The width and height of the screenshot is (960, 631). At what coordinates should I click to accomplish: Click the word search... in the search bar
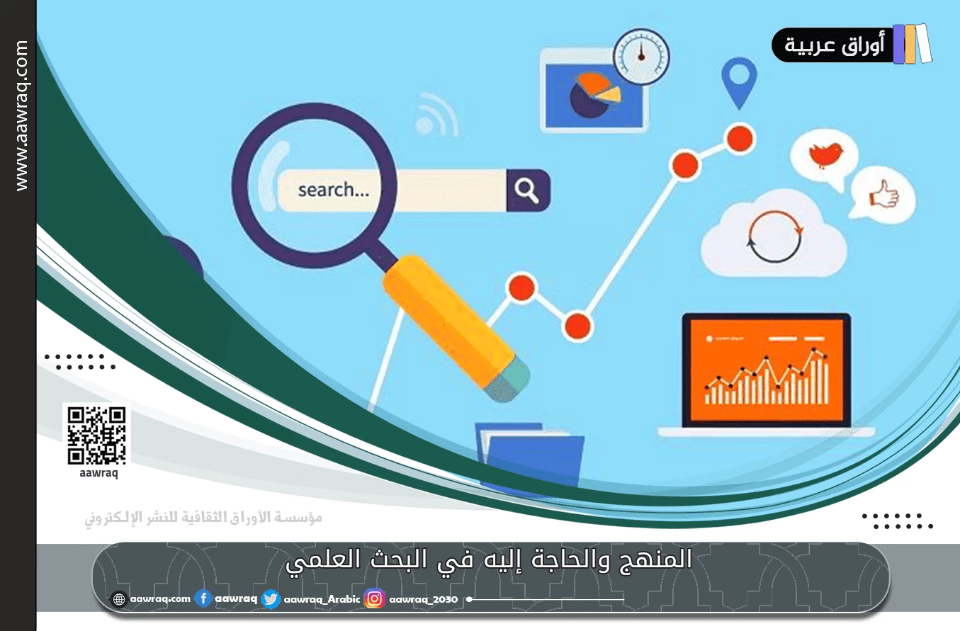(333, 190)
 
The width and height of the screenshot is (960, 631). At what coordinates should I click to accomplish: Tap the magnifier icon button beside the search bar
(527, 190)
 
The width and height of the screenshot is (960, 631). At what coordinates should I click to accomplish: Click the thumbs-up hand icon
(883, 195)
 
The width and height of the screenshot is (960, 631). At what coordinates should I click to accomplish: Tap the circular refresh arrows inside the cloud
(774, 237)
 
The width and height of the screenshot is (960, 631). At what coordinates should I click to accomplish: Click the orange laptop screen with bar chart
(766, 370)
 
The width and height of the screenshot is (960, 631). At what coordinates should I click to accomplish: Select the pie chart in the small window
(594, 96)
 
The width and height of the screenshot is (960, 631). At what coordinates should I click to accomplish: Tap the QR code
(96, 435)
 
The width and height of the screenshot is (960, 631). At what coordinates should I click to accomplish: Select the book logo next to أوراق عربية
(912, 44)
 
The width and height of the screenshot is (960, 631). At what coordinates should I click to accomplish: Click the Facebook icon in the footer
(203, 599)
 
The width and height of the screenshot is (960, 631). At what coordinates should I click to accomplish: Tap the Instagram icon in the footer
(375, 599)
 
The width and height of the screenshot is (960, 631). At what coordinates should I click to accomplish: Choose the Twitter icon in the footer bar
(270, 599)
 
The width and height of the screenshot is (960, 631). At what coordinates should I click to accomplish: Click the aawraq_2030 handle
(424, 600)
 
